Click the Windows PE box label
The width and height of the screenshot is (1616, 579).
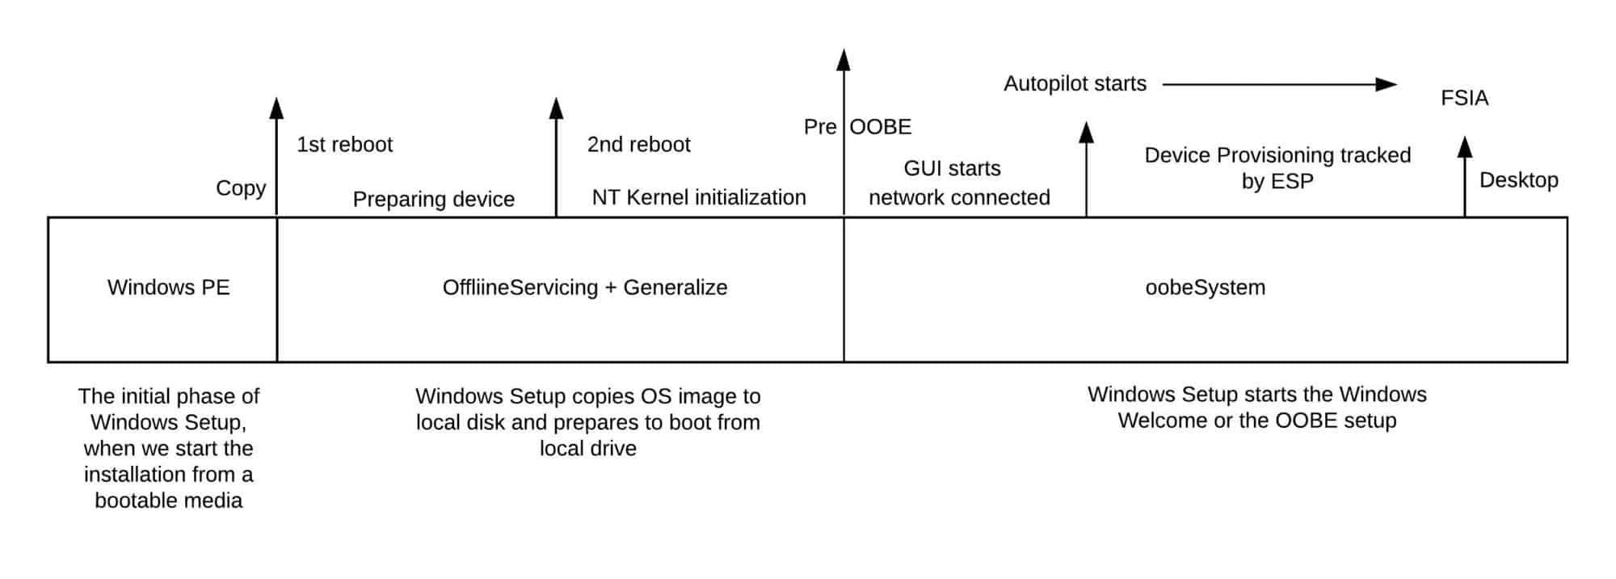(168, 288)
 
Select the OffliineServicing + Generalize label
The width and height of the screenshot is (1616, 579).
(584, 288)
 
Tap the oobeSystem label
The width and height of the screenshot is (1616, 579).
(1205, 288)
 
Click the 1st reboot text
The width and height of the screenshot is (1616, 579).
(344, 145)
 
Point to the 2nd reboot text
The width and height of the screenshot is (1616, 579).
(638, 145)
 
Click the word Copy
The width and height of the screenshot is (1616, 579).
(240, 188)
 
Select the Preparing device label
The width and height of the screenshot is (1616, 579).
(433, 200)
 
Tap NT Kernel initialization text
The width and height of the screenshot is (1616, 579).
(698, 197)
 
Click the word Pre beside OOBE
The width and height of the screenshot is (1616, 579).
(819, 127)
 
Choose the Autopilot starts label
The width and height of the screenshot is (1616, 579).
(1075, 84)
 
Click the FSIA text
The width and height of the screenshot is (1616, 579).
(1464, 99)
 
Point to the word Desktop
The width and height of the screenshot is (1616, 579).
(1518, 180)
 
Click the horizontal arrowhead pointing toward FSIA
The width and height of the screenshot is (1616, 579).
(1387, 84)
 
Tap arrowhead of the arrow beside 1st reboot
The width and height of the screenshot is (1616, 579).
(276, 108)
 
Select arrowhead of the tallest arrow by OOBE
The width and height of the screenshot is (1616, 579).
(844, 59)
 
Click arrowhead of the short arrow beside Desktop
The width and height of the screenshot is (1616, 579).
(1464, 147)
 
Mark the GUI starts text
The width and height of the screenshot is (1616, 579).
(952, 169)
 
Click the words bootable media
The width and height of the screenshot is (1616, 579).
(168, 501)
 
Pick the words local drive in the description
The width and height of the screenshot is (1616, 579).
(587, 449)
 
